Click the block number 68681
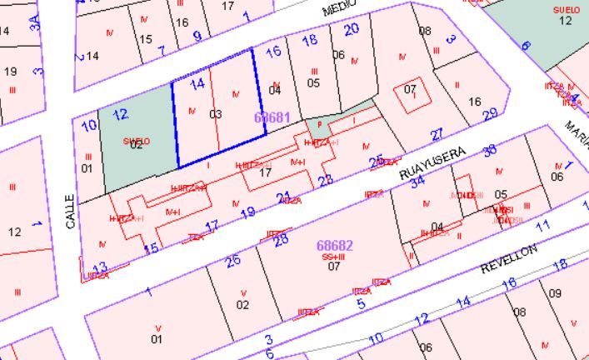(x=272, y=117)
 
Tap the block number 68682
(x=335, y=245)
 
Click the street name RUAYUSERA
(x=429, y=163)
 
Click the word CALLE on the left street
(x=70, y=210)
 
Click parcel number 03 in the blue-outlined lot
(x=215, y=113)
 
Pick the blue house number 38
(x=490, y=150)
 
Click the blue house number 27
(x=437, y=135)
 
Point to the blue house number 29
(x=490, y=115)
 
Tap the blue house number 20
(x=352, y=28)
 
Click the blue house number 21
(x=283, y=197)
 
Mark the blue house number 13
(x=100, y=268)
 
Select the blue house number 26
(x=233, y=260)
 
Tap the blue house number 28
(x=281, y=241)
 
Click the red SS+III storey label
(x=332, y=257)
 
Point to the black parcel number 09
(x=556, y=292)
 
